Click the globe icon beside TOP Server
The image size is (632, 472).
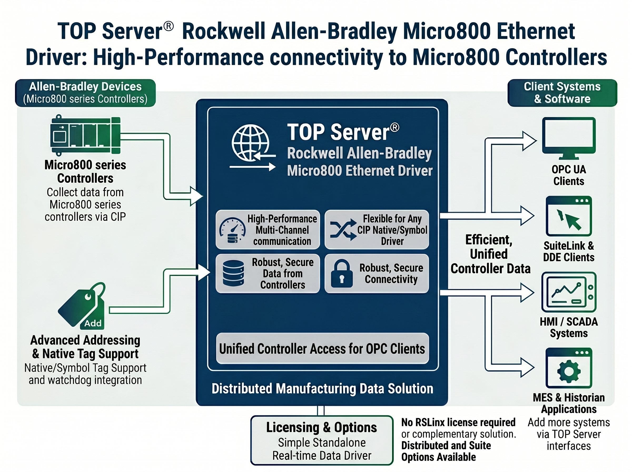[x=250, y=142]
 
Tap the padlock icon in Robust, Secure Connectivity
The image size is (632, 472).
[x=342, y=273]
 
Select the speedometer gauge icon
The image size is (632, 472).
[x=232, y=230]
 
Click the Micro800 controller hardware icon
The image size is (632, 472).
[x=85, y=135]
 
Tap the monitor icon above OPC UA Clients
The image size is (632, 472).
[x=569, y=138]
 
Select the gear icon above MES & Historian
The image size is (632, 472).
[x=569, y=371]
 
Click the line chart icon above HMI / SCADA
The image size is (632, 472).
[x=569, y=292]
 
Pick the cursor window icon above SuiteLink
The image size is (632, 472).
[x=569, y=216]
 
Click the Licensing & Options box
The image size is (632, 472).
[x=322, y=440]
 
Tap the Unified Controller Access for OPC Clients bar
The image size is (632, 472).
[x=322, y=348]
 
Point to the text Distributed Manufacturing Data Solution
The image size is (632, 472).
[x=322, y=389]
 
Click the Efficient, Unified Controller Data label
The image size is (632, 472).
[x=490, y=254]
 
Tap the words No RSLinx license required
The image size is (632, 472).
[x=458, y=422]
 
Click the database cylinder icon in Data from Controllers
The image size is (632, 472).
[x=233, y=273]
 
